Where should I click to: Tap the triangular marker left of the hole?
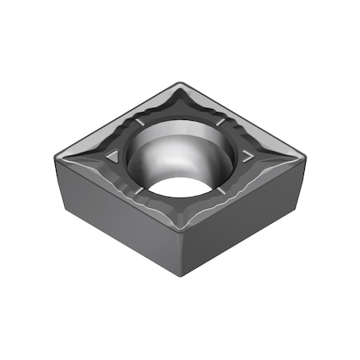[113, 154]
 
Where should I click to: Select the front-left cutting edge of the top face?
[120, 191]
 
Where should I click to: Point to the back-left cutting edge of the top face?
[120, 116]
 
